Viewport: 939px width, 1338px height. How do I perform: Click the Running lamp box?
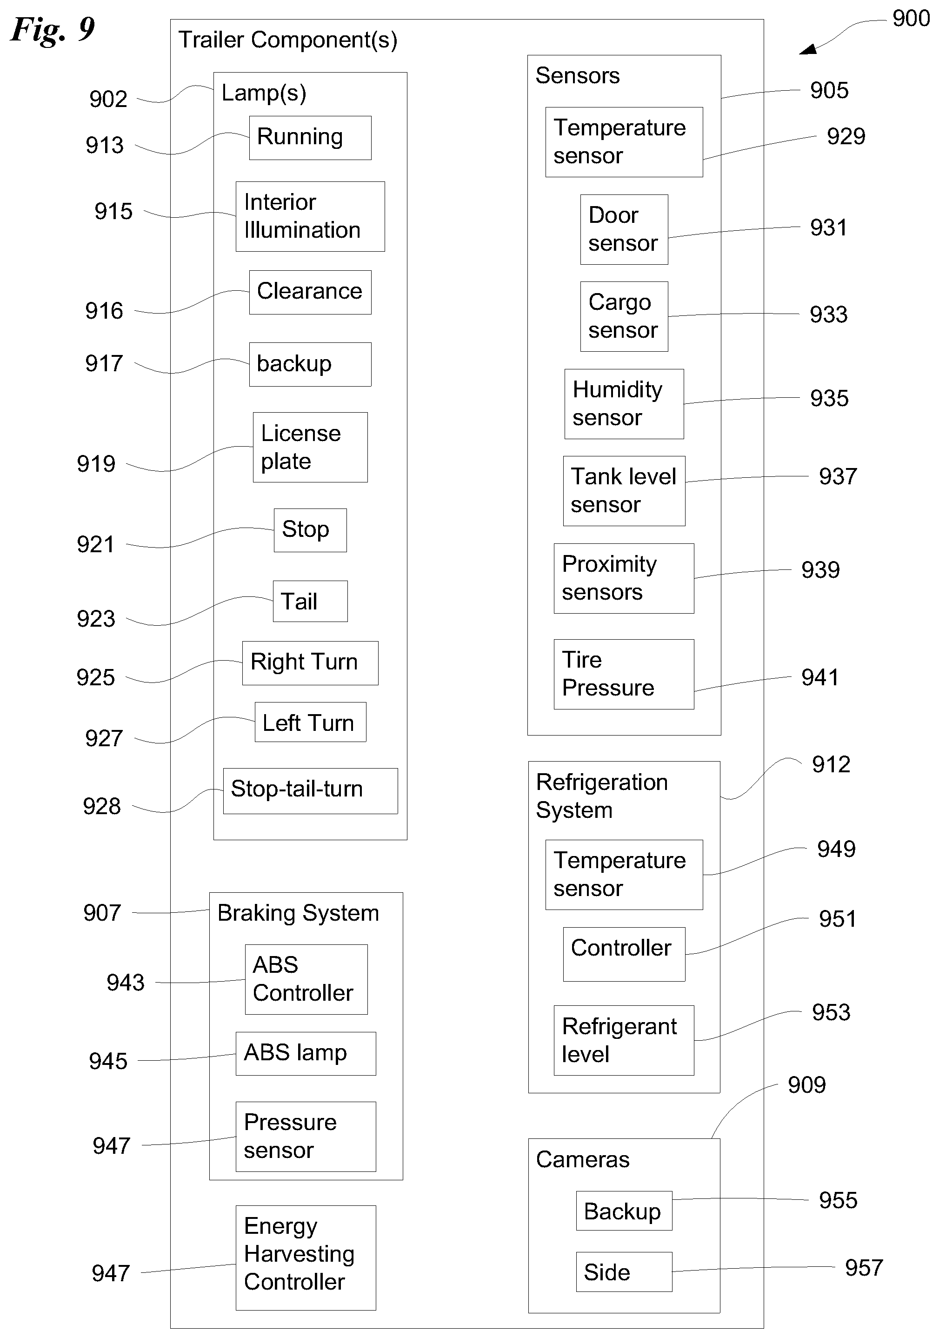click(310, 138)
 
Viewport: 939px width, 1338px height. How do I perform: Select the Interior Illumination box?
click(310, 216)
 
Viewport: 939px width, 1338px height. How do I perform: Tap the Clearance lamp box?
click(310, 292)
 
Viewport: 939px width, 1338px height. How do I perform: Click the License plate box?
click(310, 447)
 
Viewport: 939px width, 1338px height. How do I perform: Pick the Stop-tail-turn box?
click(310, 790)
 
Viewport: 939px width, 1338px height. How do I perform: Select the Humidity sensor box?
click(623, 403)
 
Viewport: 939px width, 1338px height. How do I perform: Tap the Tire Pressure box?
click(623, 674)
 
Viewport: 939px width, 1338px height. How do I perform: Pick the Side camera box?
click(623, 1271)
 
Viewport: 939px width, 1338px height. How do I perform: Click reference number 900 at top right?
click(911, 19)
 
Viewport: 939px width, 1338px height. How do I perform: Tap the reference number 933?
click(828, 314)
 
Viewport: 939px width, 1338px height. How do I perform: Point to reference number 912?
click(831, 764)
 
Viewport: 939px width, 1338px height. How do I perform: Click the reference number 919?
click(96, 464)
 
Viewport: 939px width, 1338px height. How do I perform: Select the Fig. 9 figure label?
click(53, 29)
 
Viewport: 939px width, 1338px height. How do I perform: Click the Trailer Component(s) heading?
click(288, 40)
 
